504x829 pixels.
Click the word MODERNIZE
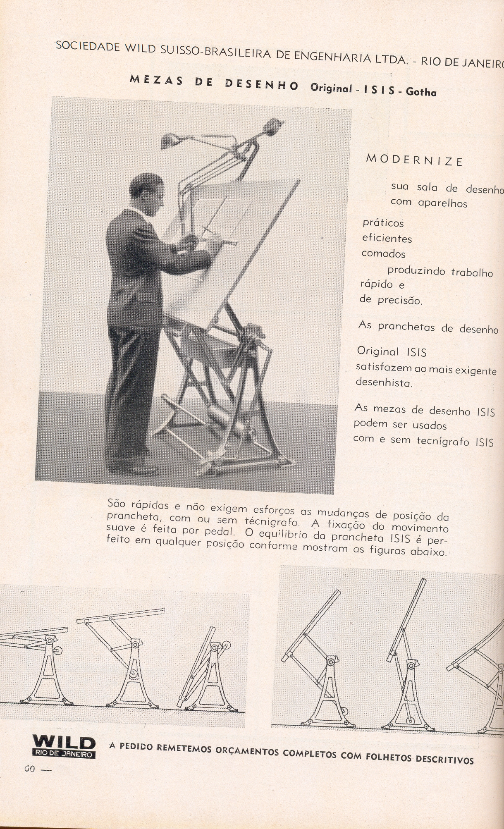pyautogui.click(x=414, y=160)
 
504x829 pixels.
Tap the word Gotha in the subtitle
pyautogui.click(x=421, y=92)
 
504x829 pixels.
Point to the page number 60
pyautogui.click(x=30, y=769)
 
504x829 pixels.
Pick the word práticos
pyautogui.click(x=383, y=223)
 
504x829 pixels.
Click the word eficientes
pyautogui.click(x=387, y=238)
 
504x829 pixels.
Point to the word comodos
pyautogui.click(x=383, y=253)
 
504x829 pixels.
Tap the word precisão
pyautogui.click(x=400, y=300)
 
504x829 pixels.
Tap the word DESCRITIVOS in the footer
pyautogui.click(x=444, y=759)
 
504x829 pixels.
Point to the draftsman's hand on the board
pyautogui.click(x=191, y=240)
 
